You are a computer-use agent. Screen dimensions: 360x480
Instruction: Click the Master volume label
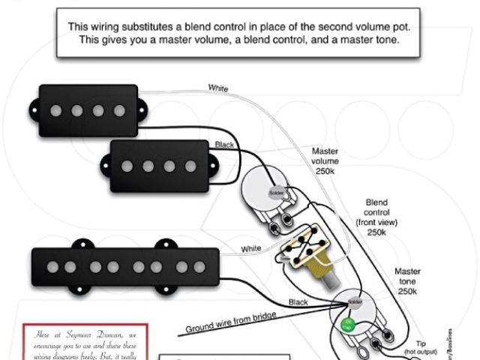[325, 160]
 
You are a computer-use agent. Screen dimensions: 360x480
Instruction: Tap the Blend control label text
[376, 212]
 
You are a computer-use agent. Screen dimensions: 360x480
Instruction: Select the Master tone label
[407, 280]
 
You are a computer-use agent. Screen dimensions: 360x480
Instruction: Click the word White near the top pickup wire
[218, 88]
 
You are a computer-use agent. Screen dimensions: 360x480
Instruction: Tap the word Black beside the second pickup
[224, 144]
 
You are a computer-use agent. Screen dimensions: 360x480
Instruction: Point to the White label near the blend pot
[250, 248]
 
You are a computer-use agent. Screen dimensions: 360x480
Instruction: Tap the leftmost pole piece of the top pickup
[55, 111]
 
